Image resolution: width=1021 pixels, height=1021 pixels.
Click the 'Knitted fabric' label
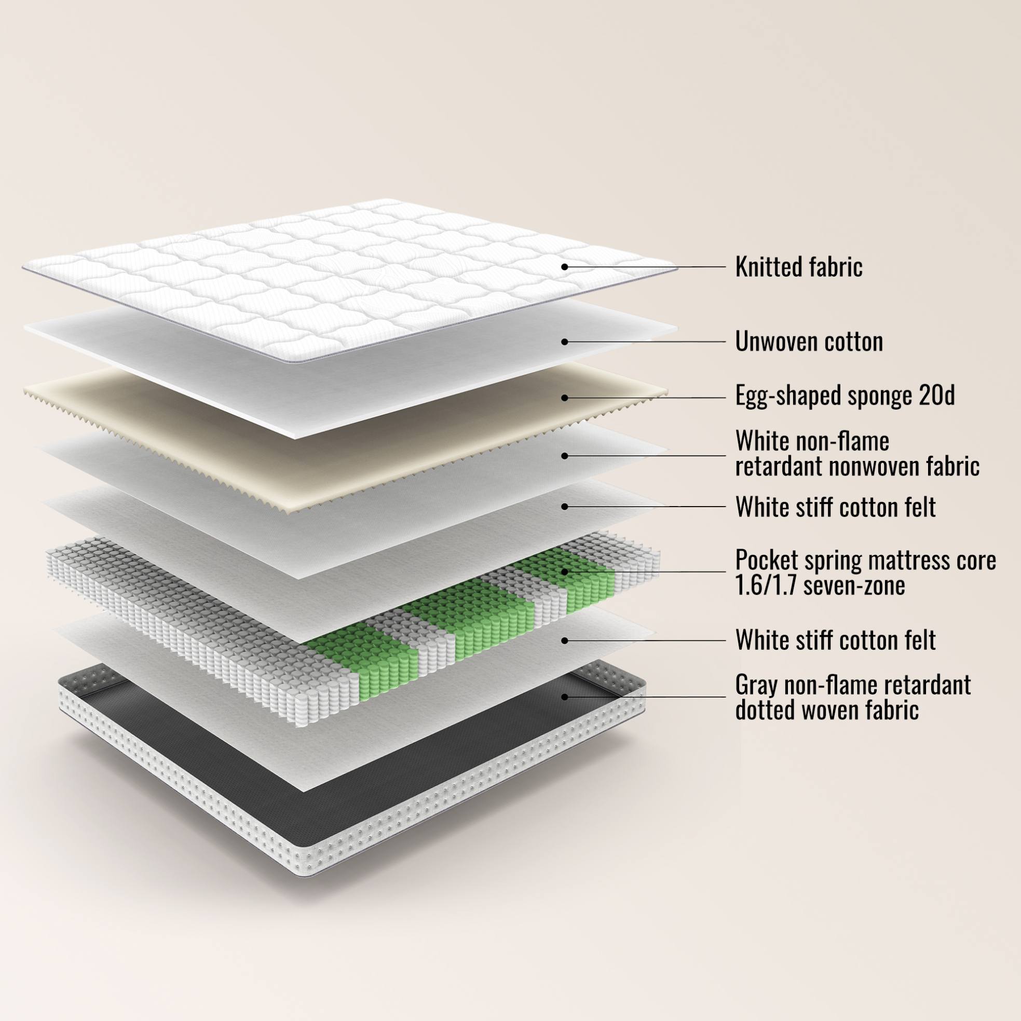pos(798,267)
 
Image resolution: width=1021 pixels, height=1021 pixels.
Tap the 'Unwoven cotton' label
pos(809,342)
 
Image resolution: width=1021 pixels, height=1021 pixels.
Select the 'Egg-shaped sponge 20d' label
pos(845,396)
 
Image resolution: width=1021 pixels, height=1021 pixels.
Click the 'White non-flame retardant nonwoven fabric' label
pos(857,454)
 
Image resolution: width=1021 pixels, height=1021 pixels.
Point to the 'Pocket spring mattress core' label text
pos(866,560)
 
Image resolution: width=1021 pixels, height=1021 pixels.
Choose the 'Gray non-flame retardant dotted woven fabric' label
pos(853,697)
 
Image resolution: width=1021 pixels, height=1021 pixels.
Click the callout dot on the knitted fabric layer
pos(564,267)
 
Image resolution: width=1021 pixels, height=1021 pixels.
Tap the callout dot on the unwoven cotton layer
pos(564,342)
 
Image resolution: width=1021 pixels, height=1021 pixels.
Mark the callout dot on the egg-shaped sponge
pos(564,398)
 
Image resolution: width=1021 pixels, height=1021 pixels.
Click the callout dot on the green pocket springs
pos(564,571)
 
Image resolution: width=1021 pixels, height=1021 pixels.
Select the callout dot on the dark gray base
pos(564,697)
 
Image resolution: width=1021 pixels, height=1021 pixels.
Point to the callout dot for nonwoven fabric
pos(564,456)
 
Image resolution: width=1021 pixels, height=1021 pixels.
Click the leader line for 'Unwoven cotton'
pos(645,342)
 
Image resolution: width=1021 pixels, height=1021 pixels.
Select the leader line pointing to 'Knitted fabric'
pos(645,267)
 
